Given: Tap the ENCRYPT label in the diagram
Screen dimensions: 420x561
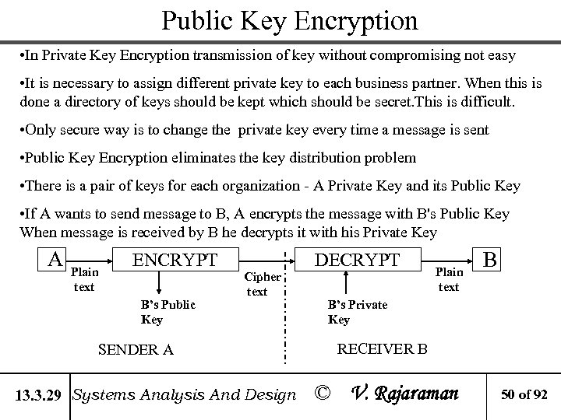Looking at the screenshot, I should pos(175,259).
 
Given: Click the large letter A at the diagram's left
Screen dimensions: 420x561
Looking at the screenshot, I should pos(55,258).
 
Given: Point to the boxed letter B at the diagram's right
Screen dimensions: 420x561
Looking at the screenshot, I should pos(491,258).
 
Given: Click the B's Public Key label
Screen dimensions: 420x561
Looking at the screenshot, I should pos(168,311).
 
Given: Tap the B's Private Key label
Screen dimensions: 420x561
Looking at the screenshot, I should pos(357,311).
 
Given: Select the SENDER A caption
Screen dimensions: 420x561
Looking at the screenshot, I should pos(136,349).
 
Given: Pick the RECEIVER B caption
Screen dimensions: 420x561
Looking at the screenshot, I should pos(381,348).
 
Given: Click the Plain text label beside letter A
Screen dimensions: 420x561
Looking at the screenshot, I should pos(84,280).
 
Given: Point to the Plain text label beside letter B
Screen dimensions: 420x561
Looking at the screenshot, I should pos(449,279).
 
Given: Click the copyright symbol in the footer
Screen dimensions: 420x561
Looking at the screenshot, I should pos(320,394).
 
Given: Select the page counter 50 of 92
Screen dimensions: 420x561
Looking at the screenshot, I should pos(525,395).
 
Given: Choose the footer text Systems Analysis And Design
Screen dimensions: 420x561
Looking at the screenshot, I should pos(184,394).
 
